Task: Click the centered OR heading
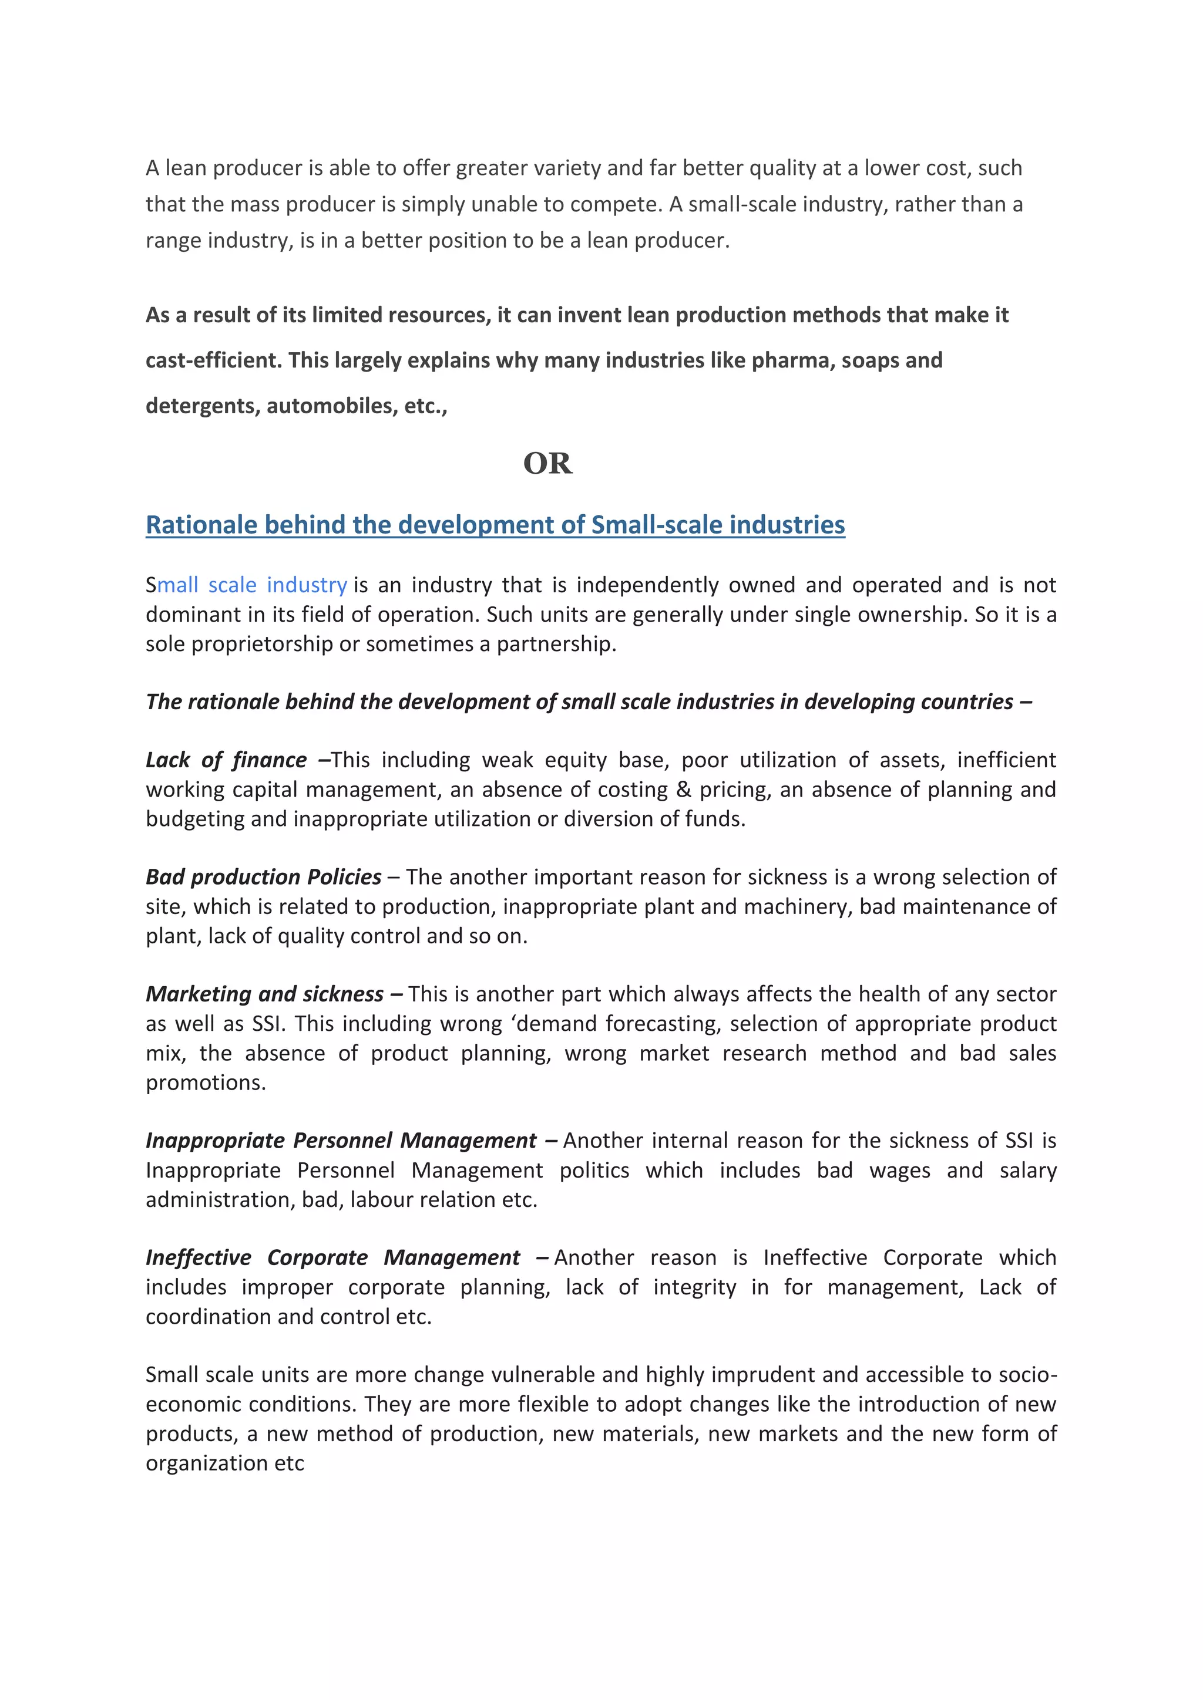[547, 464]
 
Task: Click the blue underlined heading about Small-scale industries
[495, 524]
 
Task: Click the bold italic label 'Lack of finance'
[226, 760]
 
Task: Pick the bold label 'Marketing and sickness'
[264, 994]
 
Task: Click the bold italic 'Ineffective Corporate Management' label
[332, 1257]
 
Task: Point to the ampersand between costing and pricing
[683, 790]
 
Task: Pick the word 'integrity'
[694, 1287]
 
